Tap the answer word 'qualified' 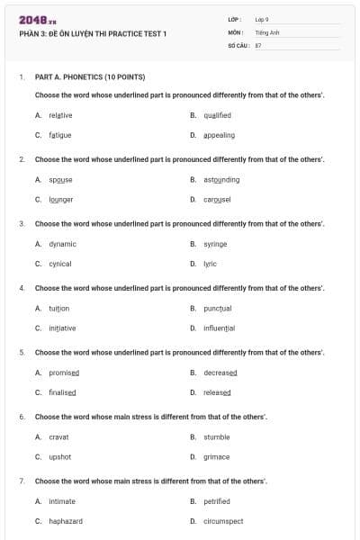(217, 115)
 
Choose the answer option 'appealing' (219, 135)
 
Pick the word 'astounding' (221, 179)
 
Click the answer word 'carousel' (217, 199)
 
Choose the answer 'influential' (219, 328)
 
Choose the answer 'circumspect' (223, 521)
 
